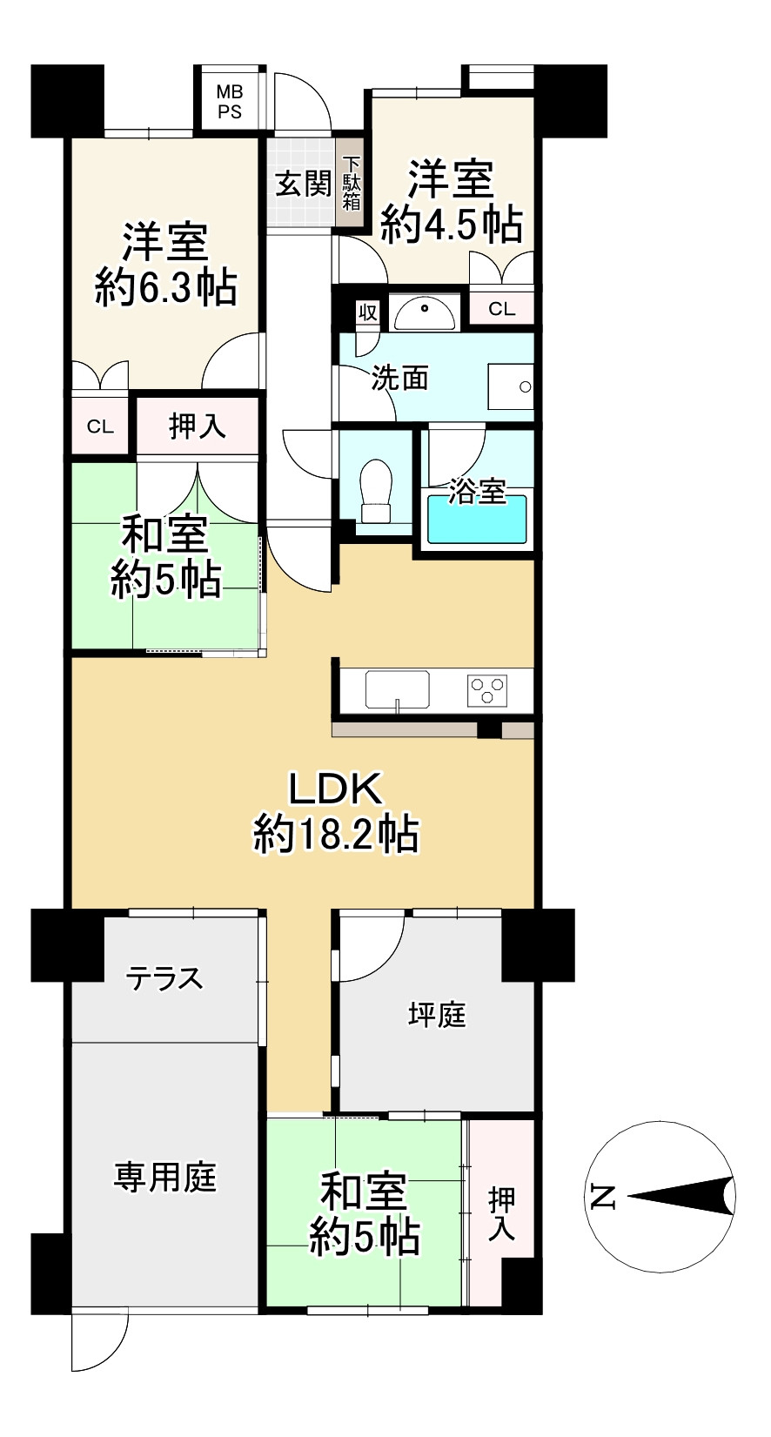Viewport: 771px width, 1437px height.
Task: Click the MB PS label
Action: point(230,101)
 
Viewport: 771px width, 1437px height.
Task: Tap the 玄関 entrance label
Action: point(303,184)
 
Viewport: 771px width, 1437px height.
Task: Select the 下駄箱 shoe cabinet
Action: point(352,184)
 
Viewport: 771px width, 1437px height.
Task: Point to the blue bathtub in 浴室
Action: point(477,519)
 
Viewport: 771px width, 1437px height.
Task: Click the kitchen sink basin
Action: point(397,689)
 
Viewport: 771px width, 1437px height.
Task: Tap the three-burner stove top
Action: point(487,690)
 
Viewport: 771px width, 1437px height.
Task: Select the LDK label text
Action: point(335,789)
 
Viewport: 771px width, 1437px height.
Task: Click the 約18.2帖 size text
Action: point(336,835)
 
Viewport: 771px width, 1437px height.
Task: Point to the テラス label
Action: point(164,978)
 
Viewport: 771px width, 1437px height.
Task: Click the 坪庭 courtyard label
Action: point(437,1015)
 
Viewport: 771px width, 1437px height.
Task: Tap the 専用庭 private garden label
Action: point(164,1178)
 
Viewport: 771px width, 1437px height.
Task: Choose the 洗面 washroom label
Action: point(400,378)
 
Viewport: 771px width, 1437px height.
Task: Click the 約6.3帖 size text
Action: point(165,286)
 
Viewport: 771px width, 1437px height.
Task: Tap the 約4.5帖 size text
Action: point(452,225)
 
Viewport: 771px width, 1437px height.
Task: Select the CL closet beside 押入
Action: point(100,426)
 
